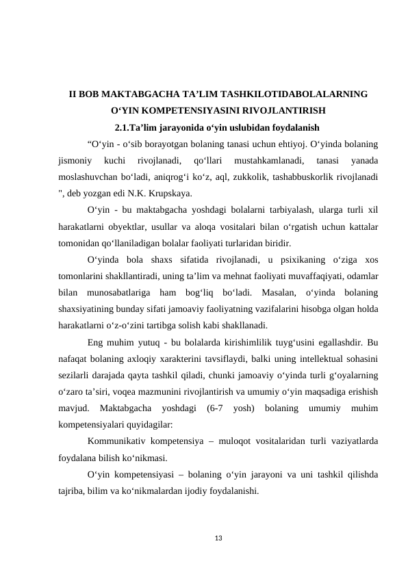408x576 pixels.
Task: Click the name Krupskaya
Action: click(170, 194)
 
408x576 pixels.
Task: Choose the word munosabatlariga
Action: click(116, 293)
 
